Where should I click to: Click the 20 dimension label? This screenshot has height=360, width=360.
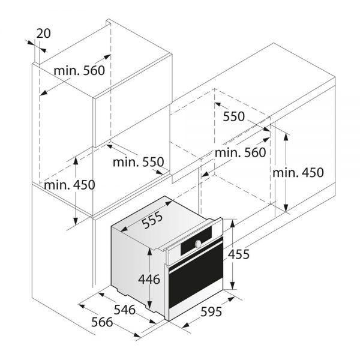(43, 34)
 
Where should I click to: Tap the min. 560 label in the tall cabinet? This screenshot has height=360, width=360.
(79, 71)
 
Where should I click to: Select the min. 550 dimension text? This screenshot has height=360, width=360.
(138, 161)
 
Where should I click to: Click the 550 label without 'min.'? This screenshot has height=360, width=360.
(234, 117)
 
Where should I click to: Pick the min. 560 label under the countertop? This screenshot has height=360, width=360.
(240, 153)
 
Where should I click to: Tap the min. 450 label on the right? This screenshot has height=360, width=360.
(298, 173)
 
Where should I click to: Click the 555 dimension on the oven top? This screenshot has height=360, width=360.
(153, 221)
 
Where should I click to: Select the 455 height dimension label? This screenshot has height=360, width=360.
(238, 254)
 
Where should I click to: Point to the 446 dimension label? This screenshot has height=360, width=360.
(149, 280)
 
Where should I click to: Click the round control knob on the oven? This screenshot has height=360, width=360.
(197, 243)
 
